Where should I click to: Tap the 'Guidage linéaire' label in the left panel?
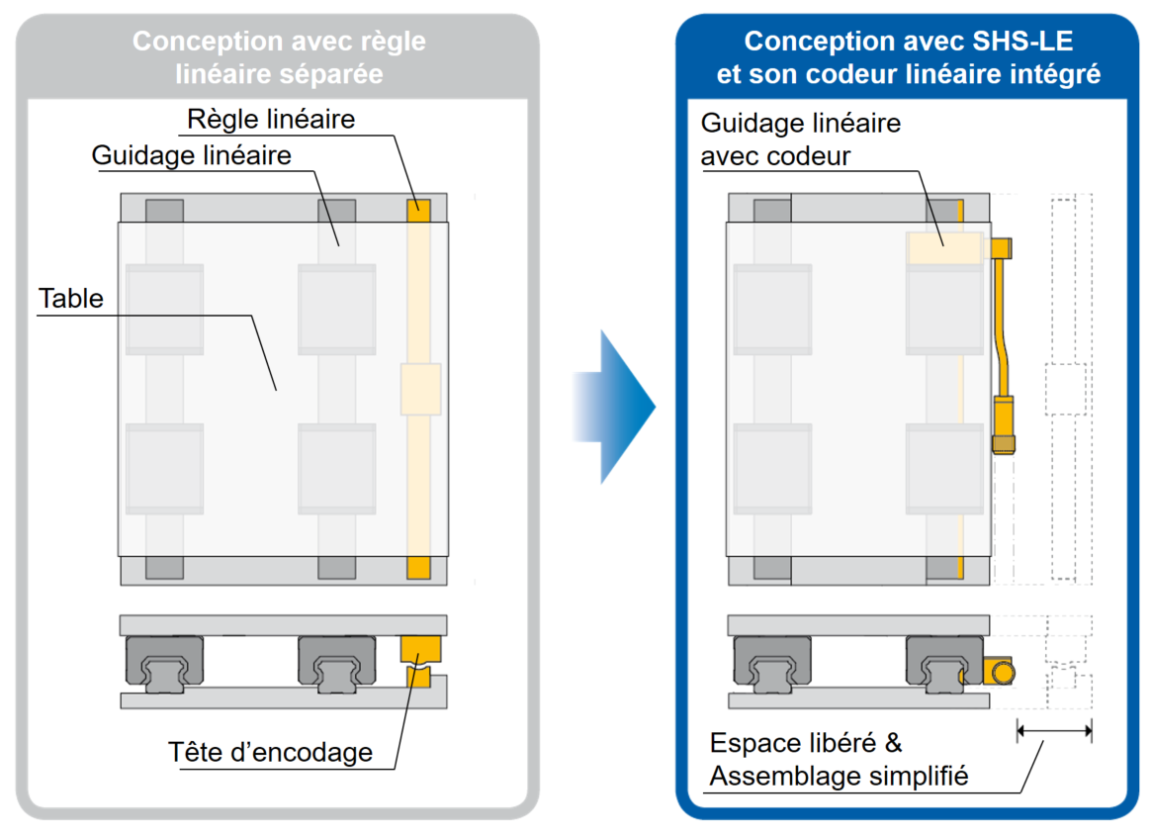(191, 156)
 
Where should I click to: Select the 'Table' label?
(70, 298)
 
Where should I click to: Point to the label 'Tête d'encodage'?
(271, 752)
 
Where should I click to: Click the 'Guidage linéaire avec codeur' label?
(800, 139)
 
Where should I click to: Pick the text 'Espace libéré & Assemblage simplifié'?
(839, 760)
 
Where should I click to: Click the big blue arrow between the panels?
(613, 407)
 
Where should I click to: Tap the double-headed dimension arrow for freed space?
(1054, 731)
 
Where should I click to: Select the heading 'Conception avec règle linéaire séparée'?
(279, 56)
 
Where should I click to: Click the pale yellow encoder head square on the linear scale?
(420, 389)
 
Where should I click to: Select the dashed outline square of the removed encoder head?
(1065, 389)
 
